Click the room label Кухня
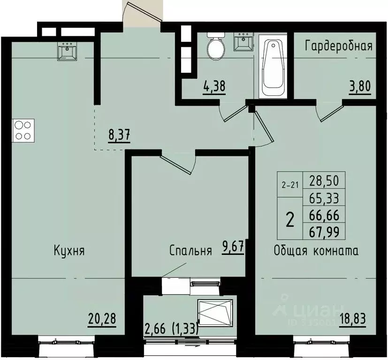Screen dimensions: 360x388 pyautogui.click(x=69, y=251)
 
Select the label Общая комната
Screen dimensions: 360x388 pyautogui.click(x=316, y=251)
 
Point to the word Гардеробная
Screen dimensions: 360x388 pyautogui.click(x=338, y=46)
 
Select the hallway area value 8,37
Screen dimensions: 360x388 pyautogui.click(x=119, y=136)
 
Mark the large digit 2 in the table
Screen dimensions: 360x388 pyautogui.click(x=290, y=219)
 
